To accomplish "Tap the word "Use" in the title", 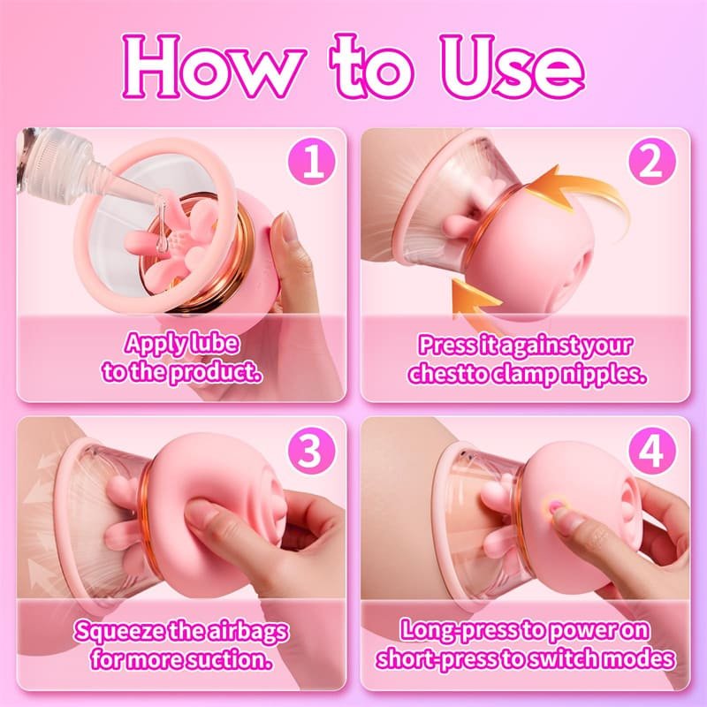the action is (x=512, y=67).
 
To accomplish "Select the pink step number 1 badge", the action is (x=312, y=162).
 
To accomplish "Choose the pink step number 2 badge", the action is (x=652, y=162).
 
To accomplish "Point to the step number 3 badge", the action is (x=312, y=450).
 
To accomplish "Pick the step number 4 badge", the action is (x=652, y=450).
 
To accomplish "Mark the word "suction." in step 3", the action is (x=230, y=659).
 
